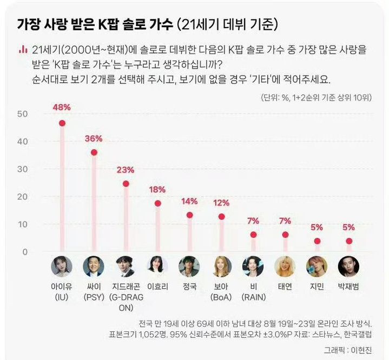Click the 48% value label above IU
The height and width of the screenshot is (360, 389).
click(62, 107)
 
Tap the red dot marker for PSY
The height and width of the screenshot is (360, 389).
click(94, 152)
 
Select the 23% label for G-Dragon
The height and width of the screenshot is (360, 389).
click(126, 170)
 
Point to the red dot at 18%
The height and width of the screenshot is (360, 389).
click(157, 203)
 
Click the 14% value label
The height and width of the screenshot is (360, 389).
click(189, 201)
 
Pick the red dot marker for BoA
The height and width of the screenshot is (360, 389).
click(221, 217)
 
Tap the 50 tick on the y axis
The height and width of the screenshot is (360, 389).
click(22, 114)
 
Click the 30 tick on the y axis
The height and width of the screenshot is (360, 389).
click(22, 169)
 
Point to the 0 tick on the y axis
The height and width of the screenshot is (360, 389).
click(24, 251)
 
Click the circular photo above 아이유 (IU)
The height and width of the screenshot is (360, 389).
click(62, 266)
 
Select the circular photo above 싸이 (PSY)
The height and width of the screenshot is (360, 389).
click(94, 266)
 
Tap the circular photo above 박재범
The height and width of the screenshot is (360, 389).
click(348, 266)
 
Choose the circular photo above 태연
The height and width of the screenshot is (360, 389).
click(285, 266)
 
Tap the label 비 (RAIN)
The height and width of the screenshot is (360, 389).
click(253, 291)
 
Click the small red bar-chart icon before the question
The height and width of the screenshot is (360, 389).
click(23, 49)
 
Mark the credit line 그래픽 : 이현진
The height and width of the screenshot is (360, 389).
click(350, 349)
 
